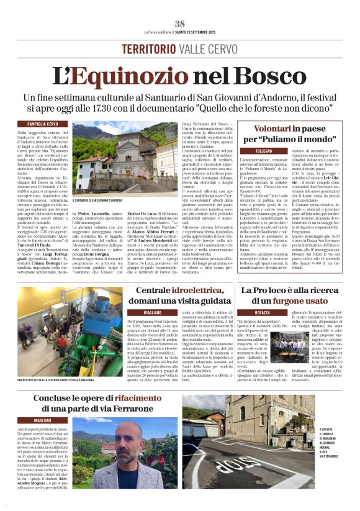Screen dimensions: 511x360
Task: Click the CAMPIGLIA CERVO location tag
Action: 42,124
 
